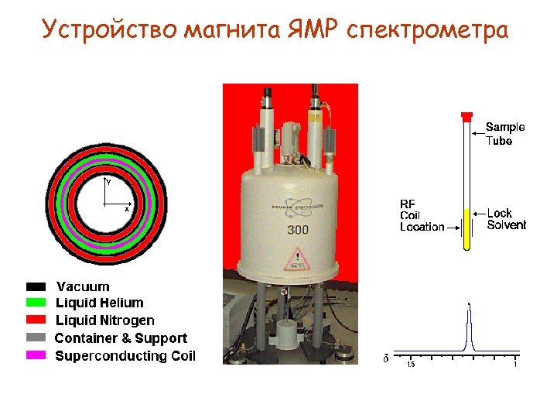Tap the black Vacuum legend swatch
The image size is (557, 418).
[x=36, y=286]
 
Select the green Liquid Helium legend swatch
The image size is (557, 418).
[x=36, y=303]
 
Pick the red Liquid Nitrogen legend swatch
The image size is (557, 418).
[x=36, y=320]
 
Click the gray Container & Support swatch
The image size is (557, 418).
[x=36, y=338]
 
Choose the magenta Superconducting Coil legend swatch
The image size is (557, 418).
[x=36, y=356]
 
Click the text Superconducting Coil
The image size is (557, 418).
[x=125, y=356]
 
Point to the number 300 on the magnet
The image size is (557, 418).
[x=298, y=230]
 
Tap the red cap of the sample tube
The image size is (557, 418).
[x=466, y=117]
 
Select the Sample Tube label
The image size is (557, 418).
[x=504, y=133]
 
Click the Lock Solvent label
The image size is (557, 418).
[x=506, y=219]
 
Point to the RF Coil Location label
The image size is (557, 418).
[x=422, y=215]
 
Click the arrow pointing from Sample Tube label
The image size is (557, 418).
[x=477, y=126]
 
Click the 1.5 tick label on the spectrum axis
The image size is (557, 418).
[x=411, y=364]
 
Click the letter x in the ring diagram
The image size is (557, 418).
[x=127, y=209]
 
